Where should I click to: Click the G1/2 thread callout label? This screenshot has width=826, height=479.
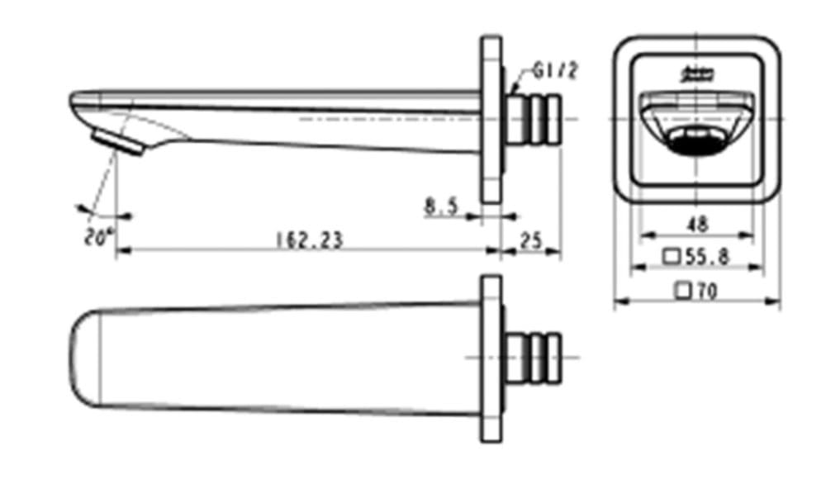(554, 71)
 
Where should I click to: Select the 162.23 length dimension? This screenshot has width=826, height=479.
(309, 239)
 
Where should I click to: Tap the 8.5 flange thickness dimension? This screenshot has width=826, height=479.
(441, 206)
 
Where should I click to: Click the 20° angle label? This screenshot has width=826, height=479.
(97, 237)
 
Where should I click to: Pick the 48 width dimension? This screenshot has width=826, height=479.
(697, 224)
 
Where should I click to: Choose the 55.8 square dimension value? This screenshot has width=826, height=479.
(707, 257)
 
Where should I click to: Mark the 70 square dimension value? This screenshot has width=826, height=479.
(706, 290)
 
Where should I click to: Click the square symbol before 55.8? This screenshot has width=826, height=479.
(672, 257)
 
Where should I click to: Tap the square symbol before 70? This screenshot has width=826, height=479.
(682, 290)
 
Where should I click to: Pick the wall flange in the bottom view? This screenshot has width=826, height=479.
(491, 357)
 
